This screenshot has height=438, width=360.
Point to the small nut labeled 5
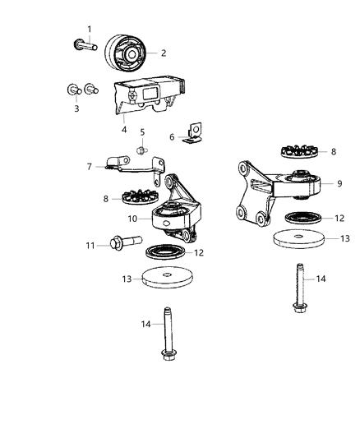click(x=142, y=150)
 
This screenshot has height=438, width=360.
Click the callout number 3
click(x=77, y=108)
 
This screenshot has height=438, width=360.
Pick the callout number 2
click(x=164, y=53)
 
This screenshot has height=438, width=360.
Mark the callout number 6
click(x=172, y=137)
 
